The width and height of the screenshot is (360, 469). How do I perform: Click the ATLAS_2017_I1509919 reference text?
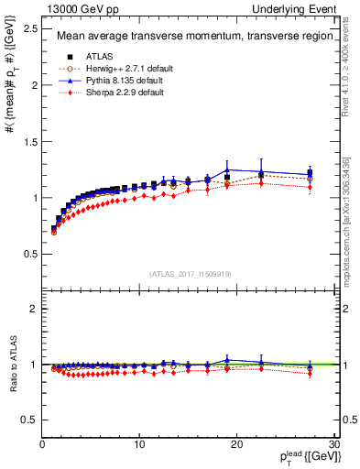pos(188,274)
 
